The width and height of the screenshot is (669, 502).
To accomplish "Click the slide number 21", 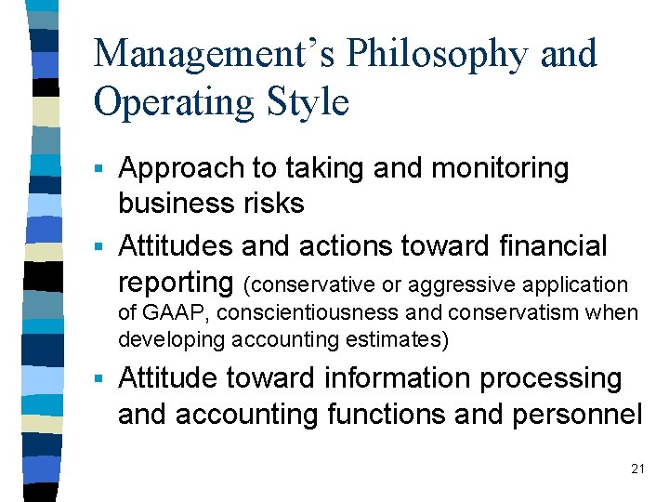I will (x=636, y=469).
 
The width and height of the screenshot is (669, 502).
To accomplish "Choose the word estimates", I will (x=405, y=340).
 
